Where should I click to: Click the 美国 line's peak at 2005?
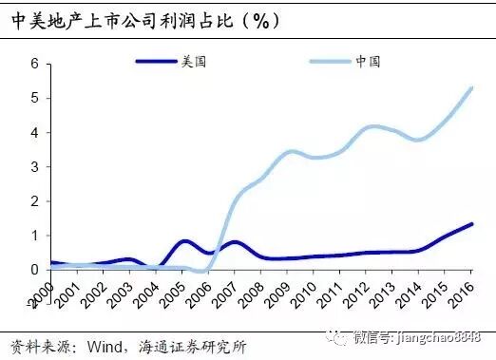pyautogui.click(x=185, y=241)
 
